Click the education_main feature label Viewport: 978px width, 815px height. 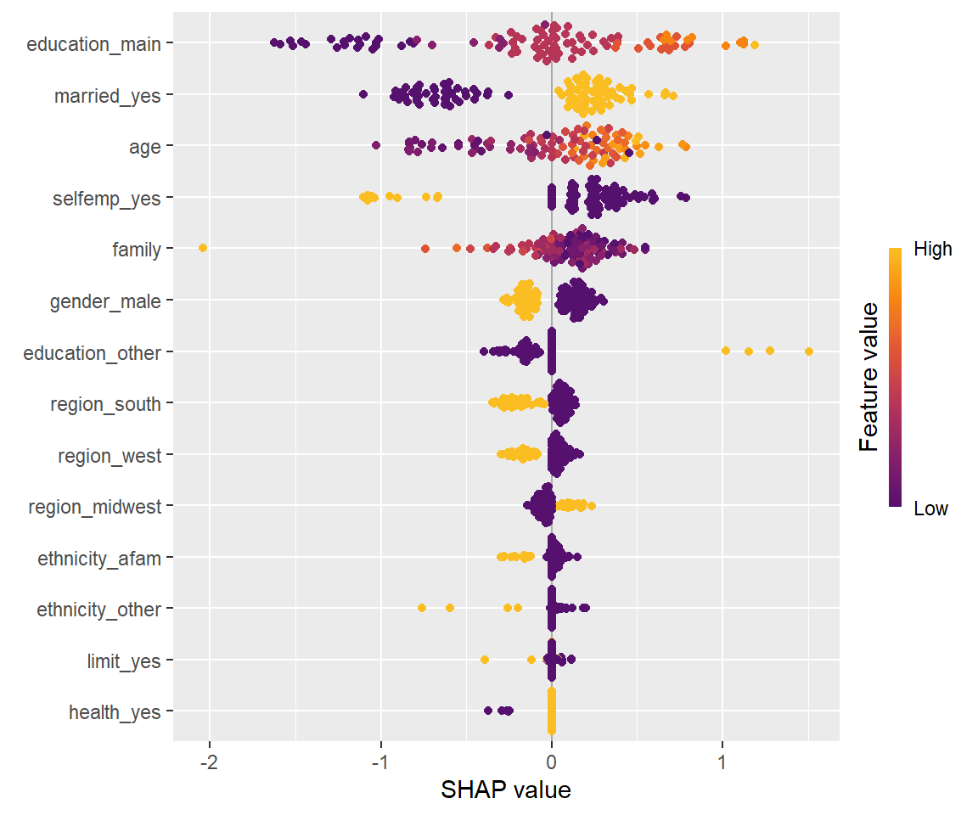click(93, 44)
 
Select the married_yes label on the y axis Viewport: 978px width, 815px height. click(107, 96)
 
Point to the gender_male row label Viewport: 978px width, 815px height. click(105, 301)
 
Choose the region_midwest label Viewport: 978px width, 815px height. click(94, 507)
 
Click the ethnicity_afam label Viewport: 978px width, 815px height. click(98, 559)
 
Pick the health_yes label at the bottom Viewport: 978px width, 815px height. click(115, 712)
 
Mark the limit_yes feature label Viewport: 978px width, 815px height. click(123, 661)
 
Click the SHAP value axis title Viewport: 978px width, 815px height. click(506, 790)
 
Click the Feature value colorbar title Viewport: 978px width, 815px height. click(868, 379)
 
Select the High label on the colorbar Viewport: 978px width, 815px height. click(932, 250)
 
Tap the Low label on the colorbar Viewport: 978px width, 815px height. click(930, 509)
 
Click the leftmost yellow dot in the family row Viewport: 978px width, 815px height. click(202, 248)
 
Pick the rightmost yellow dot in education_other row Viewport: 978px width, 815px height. click(808, 351)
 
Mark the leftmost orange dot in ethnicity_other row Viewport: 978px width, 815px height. click(422, 608)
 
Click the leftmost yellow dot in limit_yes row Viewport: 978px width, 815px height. click(485, 660)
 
